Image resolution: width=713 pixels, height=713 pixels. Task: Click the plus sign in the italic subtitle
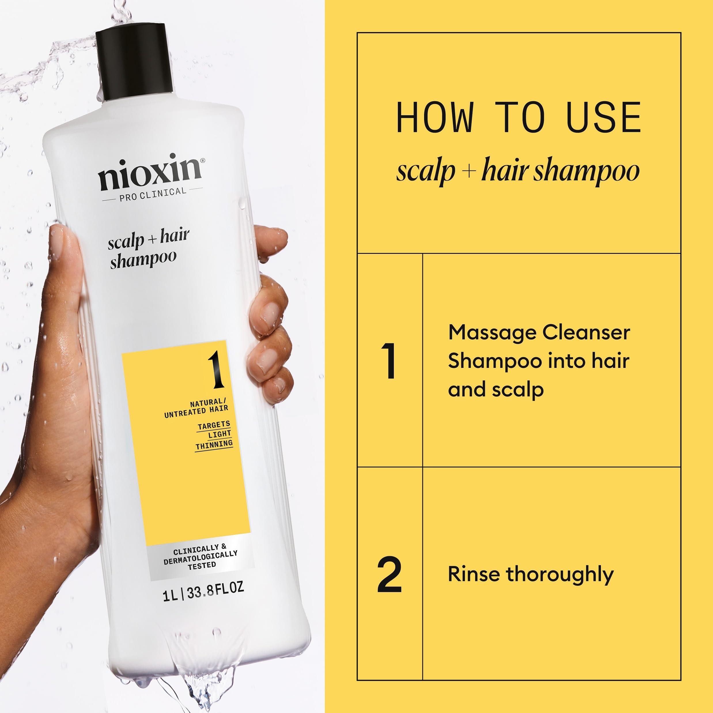click(468, 172)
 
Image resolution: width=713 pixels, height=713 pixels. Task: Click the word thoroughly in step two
click(559, 575)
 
